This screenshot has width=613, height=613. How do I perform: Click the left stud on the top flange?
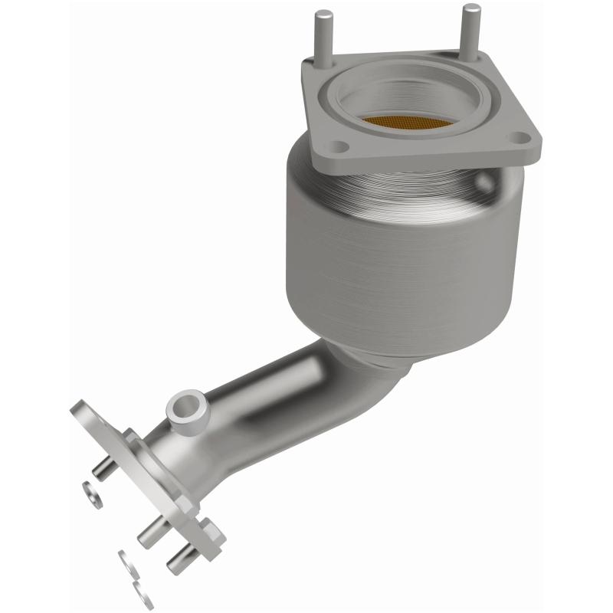[325, 34]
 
